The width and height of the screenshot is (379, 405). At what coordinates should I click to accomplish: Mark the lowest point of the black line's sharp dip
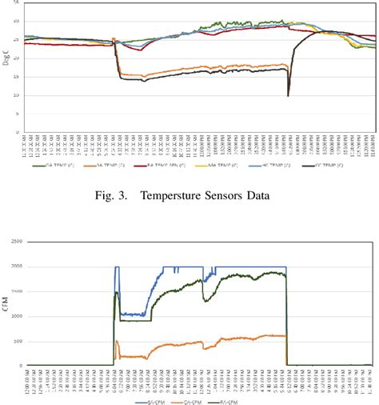[288, 96]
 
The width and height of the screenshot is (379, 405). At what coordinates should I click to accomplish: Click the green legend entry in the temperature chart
[50, 169]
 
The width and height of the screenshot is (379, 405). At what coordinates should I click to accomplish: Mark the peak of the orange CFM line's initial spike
[118, 342]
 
